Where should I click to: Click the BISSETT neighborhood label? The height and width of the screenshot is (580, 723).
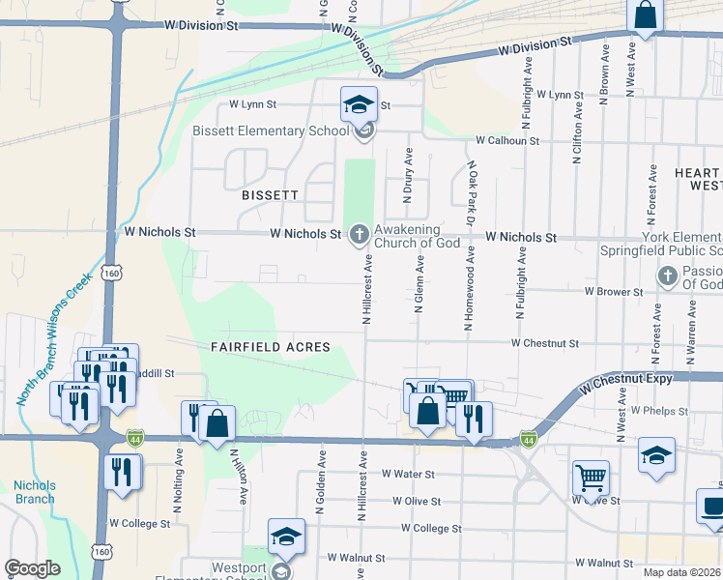270,194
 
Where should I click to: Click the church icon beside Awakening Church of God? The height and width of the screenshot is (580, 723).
359,233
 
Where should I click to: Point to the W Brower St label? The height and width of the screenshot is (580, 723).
614,291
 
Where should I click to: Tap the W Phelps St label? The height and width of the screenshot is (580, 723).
659,411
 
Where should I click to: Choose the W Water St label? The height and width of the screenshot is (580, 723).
408,474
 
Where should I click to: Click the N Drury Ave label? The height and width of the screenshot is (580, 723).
409,175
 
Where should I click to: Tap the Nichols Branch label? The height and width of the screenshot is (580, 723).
34,492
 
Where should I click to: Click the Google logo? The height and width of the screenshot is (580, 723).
33,568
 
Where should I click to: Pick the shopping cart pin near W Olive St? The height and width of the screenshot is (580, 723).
591,477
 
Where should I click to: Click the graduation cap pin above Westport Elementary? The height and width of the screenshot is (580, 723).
286,536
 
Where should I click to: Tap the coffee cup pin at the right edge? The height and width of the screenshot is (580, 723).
712,507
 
